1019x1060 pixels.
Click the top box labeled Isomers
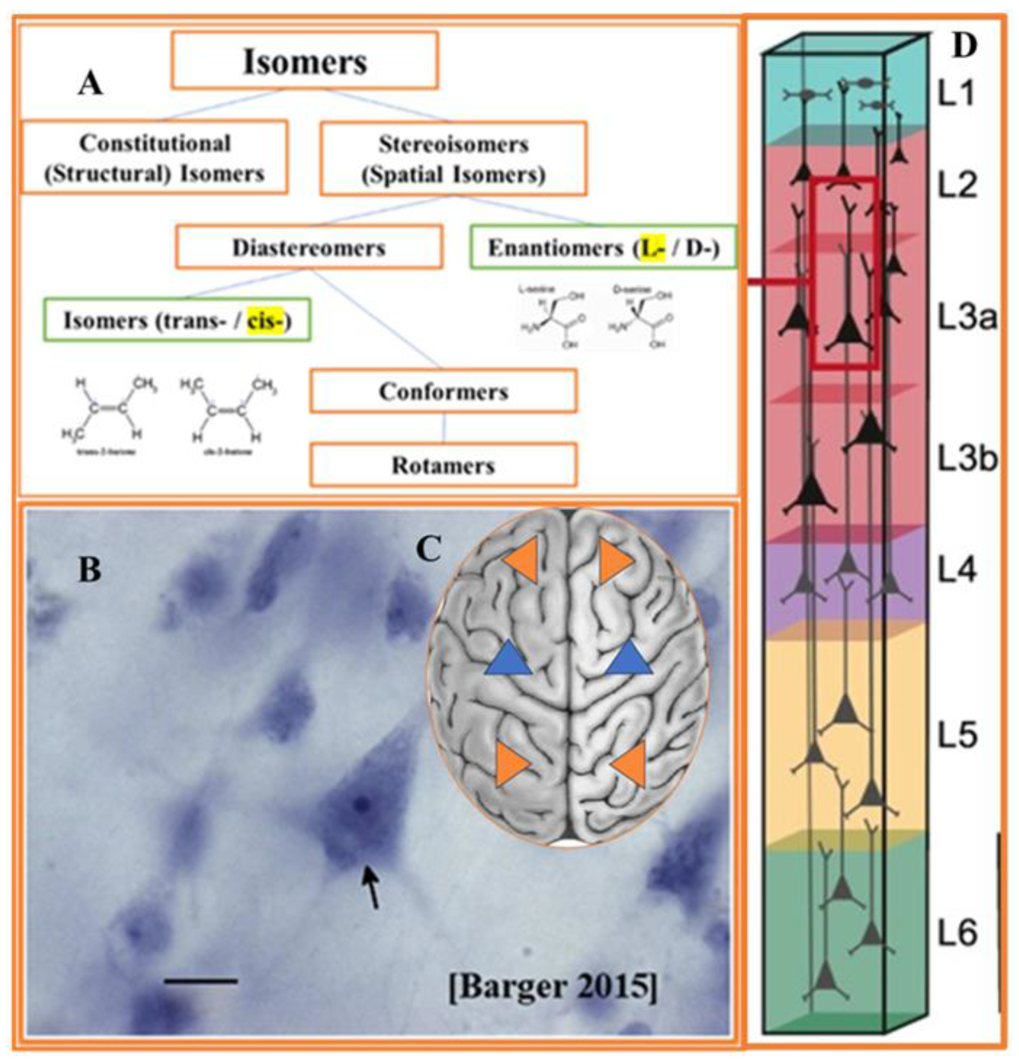[x=305, y=60]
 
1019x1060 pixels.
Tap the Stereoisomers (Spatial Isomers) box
[x=453, y=159]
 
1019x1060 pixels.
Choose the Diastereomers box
[x=309, y=247]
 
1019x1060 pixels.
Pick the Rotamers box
[x=443, y=465]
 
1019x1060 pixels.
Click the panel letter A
[x=90, y=84]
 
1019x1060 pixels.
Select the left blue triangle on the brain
[x=508, y=659]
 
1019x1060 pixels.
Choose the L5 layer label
[x=957, y=736]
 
